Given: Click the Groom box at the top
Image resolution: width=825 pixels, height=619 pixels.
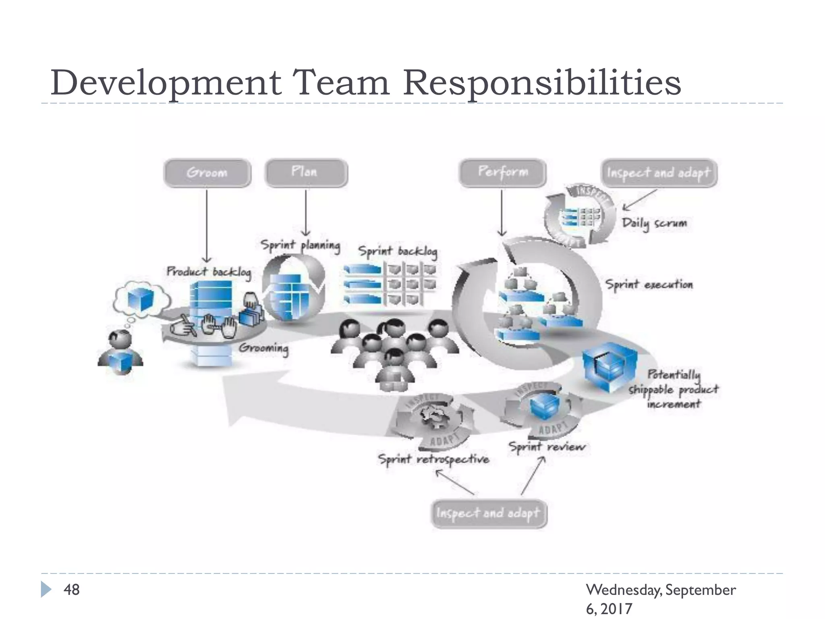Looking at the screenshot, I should click(207, 173).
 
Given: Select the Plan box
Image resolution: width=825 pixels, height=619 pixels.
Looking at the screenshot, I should click(306, 172).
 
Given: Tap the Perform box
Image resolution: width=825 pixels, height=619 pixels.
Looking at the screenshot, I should click(503, 172).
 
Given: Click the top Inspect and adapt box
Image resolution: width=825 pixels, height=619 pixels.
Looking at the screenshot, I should click(659, 173).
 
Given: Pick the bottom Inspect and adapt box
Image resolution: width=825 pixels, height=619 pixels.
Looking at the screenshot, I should click(489, 513).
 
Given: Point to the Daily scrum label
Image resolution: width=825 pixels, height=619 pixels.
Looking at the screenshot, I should click(654, 223).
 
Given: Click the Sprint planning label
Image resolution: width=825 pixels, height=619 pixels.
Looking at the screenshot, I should click(300, 245).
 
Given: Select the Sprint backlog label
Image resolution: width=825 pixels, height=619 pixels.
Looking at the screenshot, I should click(398, 251).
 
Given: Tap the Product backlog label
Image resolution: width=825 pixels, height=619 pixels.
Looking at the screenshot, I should click(209, 272).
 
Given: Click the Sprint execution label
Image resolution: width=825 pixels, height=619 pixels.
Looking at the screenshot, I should click(649, 285).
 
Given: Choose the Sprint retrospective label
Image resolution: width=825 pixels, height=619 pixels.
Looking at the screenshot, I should click(433, 459).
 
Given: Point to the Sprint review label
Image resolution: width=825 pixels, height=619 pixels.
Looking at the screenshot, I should click(547, 447).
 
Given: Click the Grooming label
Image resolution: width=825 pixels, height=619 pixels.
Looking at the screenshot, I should click(263, 348).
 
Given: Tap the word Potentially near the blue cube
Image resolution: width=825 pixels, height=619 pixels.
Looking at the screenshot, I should click(674, 374).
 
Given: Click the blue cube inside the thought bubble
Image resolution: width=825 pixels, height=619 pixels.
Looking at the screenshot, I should click(140, 300).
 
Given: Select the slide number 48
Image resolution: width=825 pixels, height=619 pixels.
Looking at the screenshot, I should click(72, 590).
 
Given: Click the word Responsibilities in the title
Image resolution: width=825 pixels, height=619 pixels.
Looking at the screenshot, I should click(542, 83).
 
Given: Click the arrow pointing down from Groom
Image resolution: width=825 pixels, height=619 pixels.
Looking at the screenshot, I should click(207, 226).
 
